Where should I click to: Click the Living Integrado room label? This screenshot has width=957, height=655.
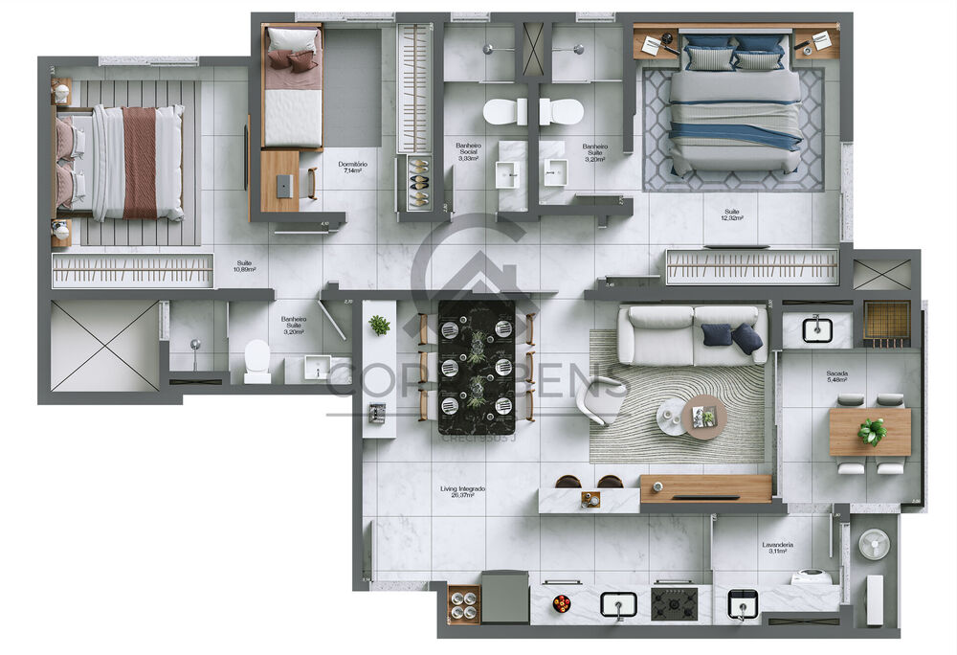(462, 491)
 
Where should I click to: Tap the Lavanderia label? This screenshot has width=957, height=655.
(777, 548)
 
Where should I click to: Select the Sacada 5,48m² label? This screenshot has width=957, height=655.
(836, 376)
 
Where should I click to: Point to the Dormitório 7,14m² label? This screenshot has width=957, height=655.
(353, 168)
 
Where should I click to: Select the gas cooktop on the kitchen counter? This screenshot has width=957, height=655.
(674, 603)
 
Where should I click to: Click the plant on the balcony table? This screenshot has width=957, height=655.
(871, 431)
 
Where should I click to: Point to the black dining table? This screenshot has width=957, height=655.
(476, 367)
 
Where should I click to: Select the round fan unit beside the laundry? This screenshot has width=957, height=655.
(874, 545)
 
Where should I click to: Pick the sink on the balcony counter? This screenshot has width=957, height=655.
(817, 330)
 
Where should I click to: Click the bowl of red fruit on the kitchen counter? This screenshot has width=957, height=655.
(562, 603)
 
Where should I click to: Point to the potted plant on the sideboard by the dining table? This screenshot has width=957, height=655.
(380, 326)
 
